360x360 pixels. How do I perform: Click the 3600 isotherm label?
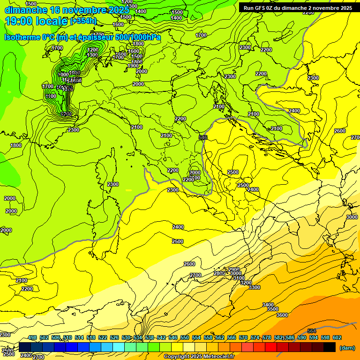(x=282, y=315)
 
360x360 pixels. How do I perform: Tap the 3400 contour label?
(x=268, y=305)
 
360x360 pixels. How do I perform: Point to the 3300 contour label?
(x=254, y=287)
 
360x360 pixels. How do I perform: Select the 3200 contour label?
(x=246, y=283)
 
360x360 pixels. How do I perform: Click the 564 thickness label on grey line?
(x=312, y=331)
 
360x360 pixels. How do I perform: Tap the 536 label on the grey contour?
(x=203, y=137)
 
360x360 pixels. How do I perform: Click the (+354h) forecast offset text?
(x=83, y=21)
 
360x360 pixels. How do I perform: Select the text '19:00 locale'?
(x=37, y=21)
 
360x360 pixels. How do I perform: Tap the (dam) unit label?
(x=346, y=348)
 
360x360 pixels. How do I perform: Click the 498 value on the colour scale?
(x=32, y=338)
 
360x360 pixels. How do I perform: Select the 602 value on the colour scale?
(x=337, y=338)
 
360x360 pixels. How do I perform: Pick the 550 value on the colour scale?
(x=185, y=338)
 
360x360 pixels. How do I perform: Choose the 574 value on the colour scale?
(x=255, y=338)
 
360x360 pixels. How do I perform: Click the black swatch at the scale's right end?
(x=330, y=347)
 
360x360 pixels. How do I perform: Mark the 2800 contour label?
(x=219, y=273)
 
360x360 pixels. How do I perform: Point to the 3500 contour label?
(x=273, y=309)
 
